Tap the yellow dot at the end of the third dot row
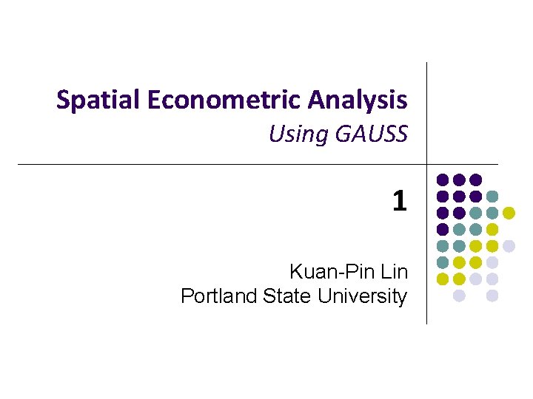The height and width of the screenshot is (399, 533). (x=509, y=213)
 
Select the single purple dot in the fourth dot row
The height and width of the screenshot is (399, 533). (x=443, y=229)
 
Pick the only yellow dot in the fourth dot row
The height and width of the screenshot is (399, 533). (x=492, y=229)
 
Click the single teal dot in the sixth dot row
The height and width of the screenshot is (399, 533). (x=443, y=262)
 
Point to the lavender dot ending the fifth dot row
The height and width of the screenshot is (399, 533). (x=509, y=246)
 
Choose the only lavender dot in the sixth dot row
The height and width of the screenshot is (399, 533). (x=492, y=262)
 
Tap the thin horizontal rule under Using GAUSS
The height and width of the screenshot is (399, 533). (x=222, y=164)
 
